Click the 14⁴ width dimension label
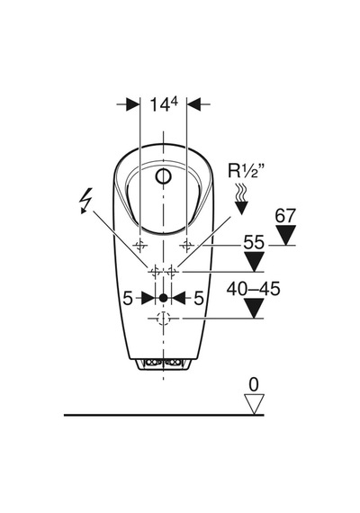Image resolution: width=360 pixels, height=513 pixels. pos(164,104)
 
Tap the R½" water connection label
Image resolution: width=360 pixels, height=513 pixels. pos(247,171)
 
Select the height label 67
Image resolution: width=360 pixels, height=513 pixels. pos(285,216)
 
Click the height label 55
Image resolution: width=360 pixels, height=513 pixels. pos(253,243)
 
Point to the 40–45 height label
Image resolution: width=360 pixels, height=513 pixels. pos(254,289)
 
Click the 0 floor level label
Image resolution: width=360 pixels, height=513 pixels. pos(254,385)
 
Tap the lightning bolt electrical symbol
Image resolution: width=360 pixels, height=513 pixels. pos(86,201)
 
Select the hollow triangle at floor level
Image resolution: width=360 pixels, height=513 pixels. pos(255,404)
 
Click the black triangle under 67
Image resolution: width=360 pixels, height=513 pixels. pos(285,235)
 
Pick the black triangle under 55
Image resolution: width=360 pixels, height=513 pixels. pos(255,262)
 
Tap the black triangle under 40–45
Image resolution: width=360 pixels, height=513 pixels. pos(255,308)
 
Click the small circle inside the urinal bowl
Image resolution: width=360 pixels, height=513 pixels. pos(163,176)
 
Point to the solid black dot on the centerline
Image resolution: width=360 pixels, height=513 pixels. pos(163,298)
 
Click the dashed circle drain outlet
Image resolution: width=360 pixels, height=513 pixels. pos(163,318)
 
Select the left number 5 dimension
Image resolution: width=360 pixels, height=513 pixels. pos(128,298)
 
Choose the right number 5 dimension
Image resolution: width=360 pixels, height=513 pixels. pos(199,298)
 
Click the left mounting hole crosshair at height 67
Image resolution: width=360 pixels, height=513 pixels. pos(139,245)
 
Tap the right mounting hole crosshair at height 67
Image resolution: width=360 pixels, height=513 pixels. pos(187,245)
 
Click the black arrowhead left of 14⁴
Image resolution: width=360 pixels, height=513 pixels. pos(133,104)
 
